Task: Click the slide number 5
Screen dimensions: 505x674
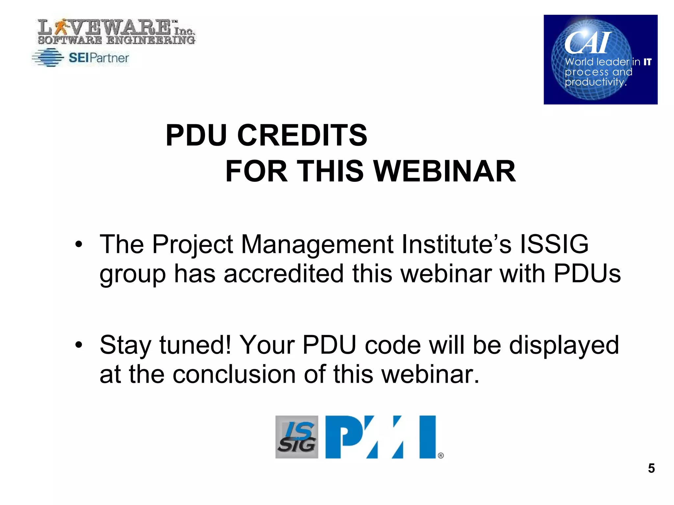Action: [x=651, y=468]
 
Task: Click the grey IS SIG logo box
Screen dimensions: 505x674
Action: [x=297, y=437]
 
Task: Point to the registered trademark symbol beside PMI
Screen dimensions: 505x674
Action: [x=441, y=455]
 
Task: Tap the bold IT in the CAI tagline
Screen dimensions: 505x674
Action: [x=647, y=62]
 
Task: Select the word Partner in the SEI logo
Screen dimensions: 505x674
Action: [x=109, y=58]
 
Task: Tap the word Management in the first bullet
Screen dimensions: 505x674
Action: [x=317, y=245]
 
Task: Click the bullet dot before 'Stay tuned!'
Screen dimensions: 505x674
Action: [x=78, y=345]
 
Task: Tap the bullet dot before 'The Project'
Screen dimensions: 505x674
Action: [x=78, y=244]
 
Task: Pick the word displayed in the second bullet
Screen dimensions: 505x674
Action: [x=564, y=345]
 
